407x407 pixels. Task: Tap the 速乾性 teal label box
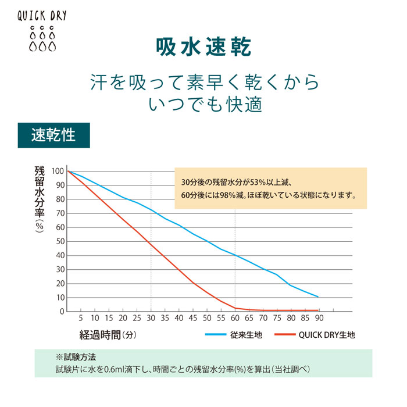53,135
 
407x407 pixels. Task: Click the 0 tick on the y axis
61,312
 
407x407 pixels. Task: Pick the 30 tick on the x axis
151,319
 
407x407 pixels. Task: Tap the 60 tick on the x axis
235,319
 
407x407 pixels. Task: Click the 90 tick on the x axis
319,319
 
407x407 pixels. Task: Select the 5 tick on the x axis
81,319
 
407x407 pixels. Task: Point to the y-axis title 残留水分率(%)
40,198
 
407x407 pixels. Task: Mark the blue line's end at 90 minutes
318,297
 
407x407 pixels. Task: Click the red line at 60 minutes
235,308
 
